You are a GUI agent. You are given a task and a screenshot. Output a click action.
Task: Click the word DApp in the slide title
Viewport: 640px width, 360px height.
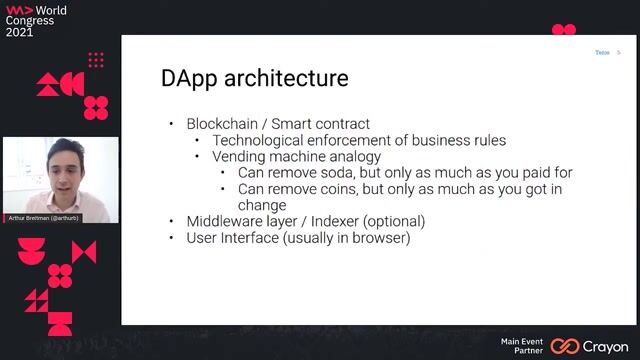pos(190,78)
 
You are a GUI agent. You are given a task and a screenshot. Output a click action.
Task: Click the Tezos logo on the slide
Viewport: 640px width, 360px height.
pos(603,52)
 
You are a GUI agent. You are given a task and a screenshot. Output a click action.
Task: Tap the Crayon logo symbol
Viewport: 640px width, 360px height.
pos(565,345)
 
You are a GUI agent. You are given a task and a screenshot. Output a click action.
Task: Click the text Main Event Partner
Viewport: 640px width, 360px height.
pos(522,345)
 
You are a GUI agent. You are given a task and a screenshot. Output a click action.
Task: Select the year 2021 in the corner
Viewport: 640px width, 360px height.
pos(19,31)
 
